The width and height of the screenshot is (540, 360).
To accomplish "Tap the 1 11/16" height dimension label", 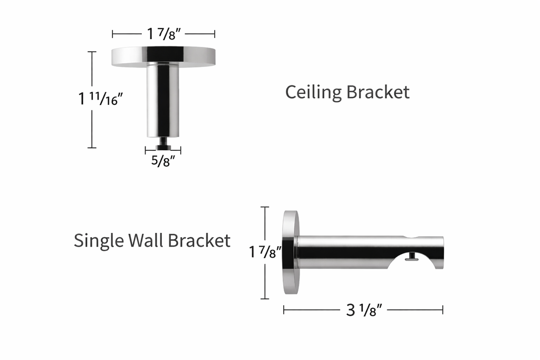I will pos(100,99).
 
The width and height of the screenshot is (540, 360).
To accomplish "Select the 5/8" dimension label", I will pos(163,162).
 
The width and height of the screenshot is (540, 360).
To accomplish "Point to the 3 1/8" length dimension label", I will pos(363,310).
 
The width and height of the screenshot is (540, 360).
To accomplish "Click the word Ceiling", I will pos(313,92).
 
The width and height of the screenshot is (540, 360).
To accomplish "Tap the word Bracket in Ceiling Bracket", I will pos(378,92).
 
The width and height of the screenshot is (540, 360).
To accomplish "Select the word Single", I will pos(99,241).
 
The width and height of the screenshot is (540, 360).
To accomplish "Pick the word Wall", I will pos(146,241).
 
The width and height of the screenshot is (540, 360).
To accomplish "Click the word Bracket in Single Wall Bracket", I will pos(199,241).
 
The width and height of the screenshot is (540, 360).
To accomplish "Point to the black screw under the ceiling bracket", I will pos(163,143).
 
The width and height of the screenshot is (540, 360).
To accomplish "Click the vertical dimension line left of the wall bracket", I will pos(265,221).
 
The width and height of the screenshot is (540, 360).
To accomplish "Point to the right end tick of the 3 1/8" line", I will pos(442,310).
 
